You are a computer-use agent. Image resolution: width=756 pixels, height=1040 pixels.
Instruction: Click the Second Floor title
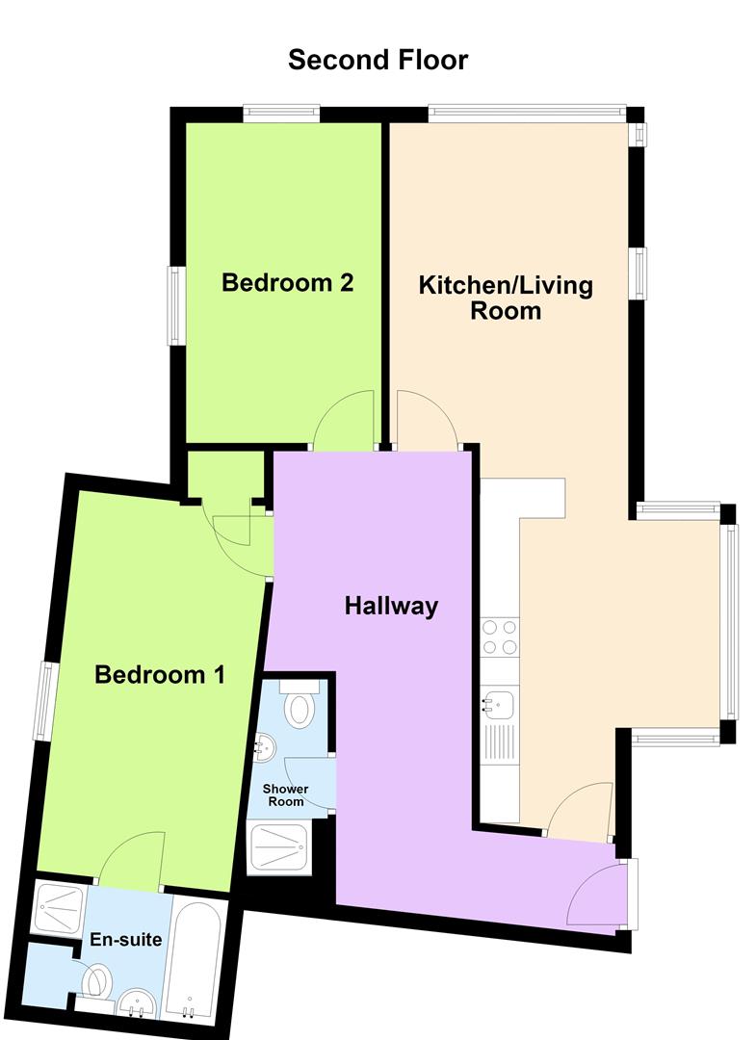coord(378,60)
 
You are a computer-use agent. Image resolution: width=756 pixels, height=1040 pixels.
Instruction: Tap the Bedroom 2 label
coord(287,282)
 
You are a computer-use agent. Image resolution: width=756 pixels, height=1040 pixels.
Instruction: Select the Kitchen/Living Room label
coord(506,298)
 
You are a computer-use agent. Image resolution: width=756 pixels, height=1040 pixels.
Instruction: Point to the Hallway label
coord(391,607)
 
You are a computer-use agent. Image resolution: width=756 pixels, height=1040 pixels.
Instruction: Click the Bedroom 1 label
coord(160,674)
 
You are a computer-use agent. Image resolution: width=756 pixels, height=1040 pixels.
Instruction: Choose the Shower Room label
coord(286,794)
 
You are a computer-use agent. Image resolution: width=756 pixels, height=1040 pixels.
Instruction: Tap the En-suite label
coord(126,939)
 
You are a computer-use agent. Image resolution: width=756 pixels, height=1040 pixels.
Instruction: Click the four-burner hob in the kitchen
coord(500,637)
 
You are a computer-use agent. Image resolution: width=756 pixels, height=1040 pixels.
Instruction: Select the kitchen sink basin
coord(498,705)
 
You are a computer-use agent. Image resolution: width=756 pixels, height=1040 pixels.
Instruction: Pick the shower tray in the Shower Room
coord(278,847)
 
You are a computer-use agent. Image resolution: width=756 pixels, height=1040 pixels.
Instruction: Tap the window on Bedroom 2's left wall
coord(175,305)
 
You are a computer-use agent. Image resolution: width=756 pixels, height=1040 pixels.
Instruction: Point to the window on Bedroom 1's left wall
coord(43,701)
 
